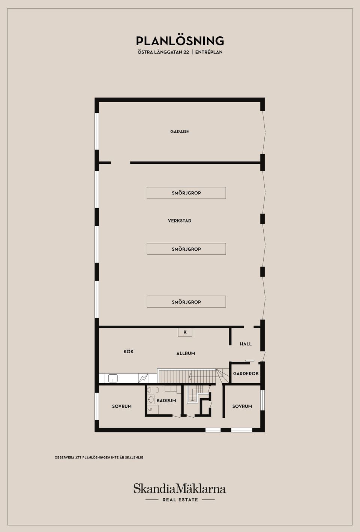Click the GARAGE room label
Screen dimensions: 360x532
tap(180, 132)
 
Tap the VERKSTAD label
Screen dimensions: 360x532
tap(180, 221)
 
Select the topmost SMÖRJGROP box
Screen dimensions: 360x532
tap(186, 193)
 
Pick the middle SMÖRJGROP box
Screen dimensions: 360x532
tap(186, 249)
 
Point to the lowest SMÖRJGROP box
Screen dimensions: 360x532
tap(186, 302)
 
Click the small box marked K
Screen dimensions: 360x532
tap(185, 332)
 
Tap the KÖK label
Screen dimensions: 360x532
tap(129, 351)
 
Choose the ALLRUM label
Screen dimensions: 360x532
tap(186, 353)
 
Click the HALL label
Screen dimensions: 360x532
tap(246, 344)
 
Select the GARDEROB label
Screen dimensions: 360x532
tap(246, 374)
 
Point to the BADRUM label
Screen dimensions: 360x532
tap(166, 400)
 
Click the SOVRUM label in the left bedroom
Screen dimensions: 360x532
tap(122, 406)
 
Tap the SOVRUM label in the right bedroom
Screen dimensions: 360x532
tap(242, 406)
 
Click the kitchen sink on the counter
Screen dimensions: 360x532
tap(113, 378)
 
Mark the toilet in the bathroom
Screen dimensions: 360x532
tap(153, 390)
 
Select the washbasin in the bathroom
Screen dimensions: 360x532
tap(151, 399)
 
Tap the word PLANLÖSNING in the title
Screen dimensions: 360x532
tap(180, 41)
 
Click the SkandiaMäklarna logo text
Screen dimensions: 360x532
tap(180, 488)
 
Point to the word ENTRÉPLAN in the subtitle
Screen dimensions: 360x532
tap(209, 52)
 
